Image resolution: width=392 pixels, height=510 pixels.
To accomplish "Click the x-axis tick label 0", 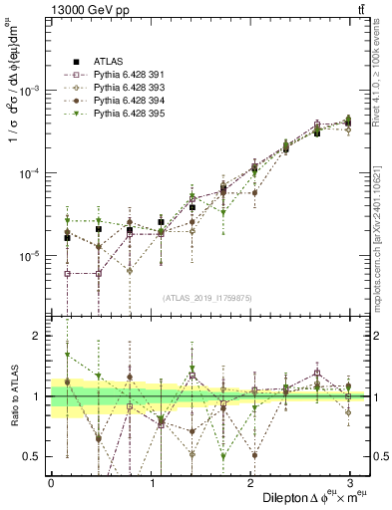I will pyautogui.click(x=51, y=482).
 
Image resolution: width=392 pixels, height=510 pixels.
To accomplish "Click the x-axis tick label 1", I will pyautogui.click(x=151, y=482).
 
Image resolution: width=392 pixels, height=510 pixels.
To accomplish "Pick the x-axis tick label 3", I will pyautogui.click(x=349, y=482).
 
